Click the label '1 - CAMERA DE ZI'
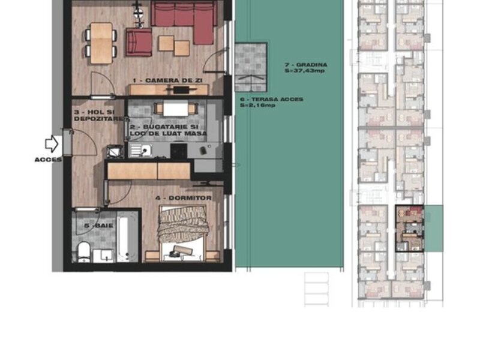click(x=168, y=80)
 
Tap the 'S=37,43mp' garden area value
click(x=304, y=71)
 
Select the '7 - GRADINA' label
click(x=305, y=65)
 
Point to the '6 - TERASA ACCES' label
click(x=272, y=99)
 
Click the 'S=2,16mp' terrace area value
click(x=257, y=105)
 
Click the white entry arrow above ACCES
click(x=52, y=143)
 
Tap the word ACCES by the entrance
click(x=48, y=160)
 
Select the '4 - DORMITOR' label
click(x=184, y=198)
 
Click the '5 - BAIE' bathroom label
click(x=98, y=226)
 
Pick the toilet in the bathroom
click(x=83, y=252)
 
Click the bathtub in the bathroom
click(x=127, y=236)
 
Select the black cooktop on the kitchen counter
click(x=179, y=151)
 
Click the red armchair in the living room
click(x=139, y=42)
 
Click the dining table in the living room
click(x=101, y=43)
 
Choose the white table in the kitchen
click(x=175, y=109)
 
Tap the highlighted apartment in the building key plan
click(x=410, y=229)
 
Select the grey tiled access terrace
click(x=251, y=67)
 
